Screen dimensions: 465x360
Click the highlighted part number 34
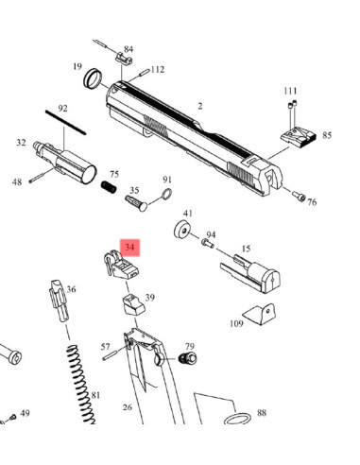pos(129,248)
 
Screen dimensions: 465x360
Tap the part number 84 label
pos(129,49)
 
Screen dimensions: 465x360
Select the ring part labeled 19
pos(94,77)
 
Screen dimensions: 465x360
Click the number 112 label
pos(158,69)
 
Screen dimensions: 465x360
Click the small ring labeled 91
pos(163,197)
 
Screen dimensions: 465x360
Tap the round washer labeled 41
pos(181,231)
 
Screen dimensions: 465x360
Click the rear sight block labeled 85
pos(297,136)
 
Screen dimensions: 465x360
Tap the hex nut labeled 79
pos(187,359)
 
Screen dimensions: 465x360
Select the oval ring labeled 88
pos(239,417)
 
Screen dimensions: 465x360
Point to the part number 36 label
pos(72,289)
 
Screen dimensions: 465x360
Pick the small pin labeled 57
pos(114,356)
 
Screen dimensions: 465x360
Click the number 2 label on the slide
pos(200,106)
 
